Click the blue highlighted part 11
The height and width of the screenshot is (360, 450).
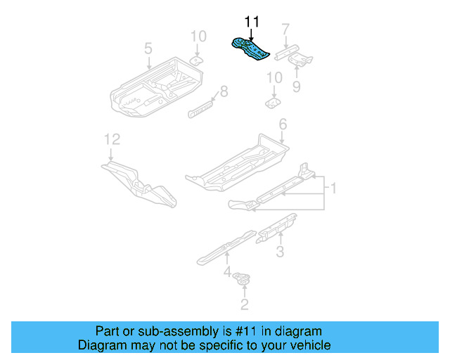(x=252, y=50)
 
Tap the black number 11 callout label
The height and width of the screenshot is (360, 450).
(x=252, y=22)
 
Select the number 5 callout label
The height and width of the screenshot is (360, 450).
(x=148, y=49)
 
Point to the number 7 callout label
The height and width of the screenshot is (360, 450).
(x=285, y=30)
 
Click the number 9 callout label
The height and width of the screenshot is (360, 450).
(x=296, y=86)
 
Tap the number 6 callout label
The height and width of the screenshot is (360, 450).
(x=283, y=124)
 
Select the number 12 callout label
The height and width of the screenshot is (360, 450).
(x=108, y=139)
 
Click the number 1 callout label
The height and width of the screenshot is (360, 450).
(x=334, y=188)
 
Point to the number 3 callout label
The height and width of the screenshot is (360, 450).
(x=279, y=252)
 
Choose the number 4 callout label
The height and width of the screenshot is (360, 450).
(x=226, y=271)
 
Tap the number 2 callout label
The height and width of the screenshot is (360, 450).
(x=244, y=304)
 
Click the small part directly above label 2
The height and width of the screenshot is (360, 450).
(x=243, y=280)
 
